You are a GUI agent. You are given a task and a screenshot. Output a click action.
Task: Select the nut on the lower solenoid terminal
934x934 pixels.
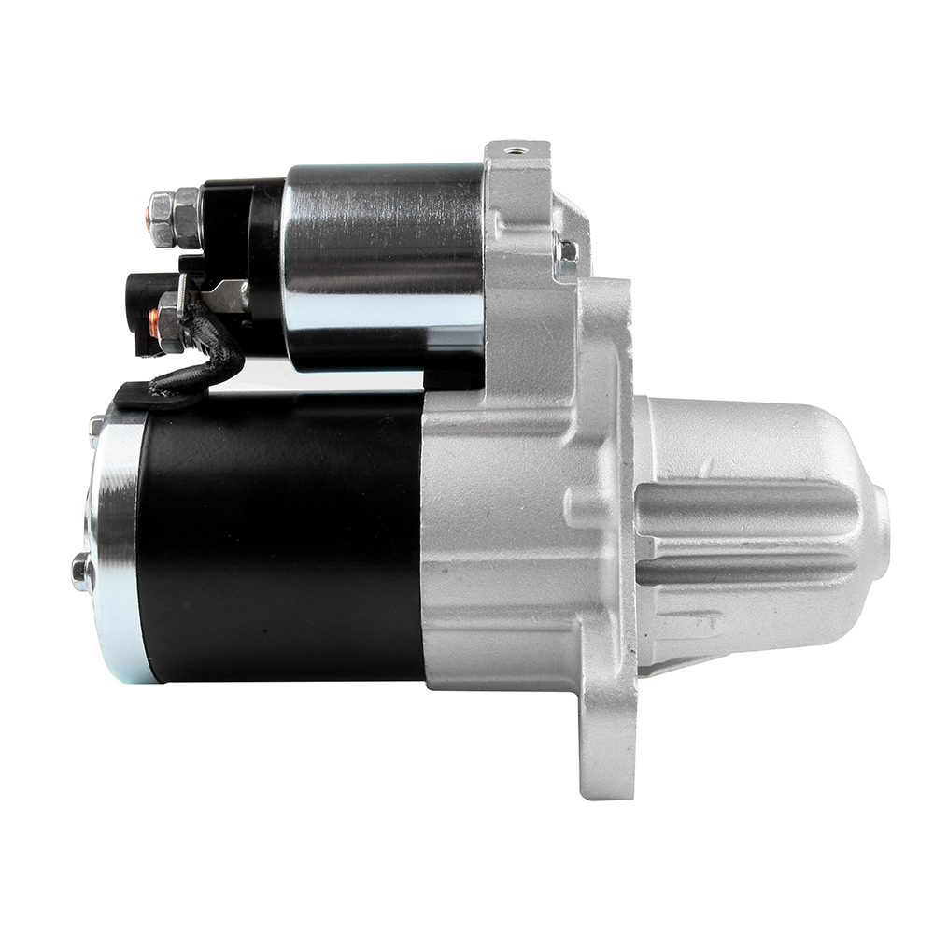[x=171, y=322]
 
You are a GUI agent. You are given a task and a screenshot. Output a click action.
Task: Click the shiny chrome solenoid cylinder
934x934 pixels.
[x=383, y=266]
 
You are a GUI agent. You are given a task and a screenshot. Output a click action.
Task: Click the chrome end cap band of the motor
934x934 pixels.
[x=117, y=542]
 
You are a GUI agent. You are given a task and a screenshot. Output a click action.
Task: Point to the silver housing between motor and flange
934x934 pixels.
[x=495, y=542]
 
